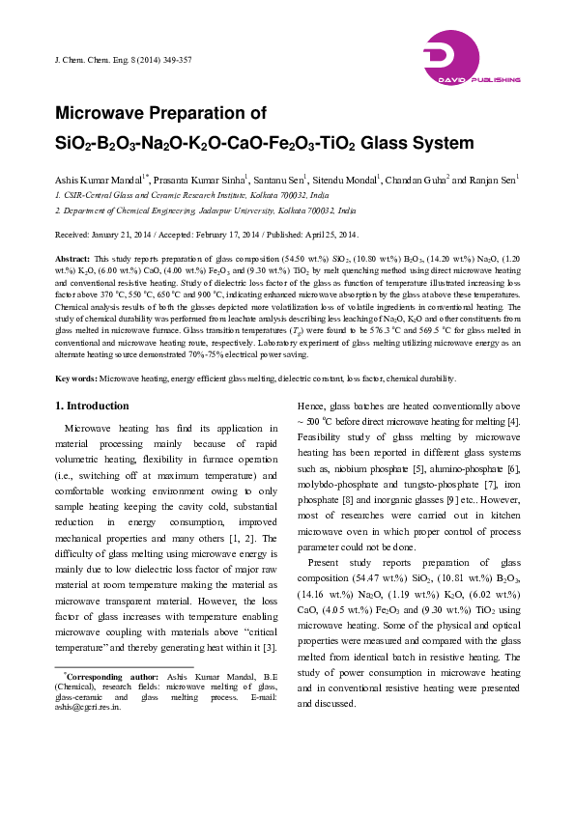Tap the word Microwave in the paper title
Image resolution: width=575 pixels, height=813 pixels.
click(106, 114)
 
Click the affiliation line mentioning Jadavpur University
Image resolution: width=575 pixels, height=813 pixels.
click(206, 210)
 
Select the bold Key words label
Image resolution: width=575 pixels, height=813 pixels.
click(75, 379)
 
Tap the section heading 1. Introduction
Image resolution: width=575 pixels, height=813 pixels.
click(93, 405)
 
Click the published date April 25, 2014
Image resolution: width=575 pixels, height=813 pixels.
click(328, 235)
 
